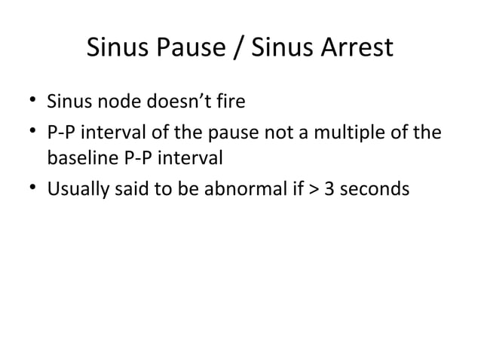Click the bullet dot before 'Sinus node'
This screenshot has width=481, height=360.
tap(32, 100)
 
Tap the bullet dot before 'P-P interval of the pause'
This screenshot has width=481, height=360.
tap(32, 135)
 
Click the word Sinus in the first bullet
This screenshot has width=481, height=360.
tap(66, 99)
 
